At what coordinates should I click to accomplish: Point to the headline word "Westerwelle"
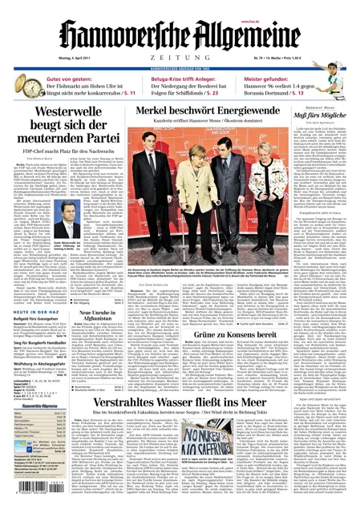pos(50,113)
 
